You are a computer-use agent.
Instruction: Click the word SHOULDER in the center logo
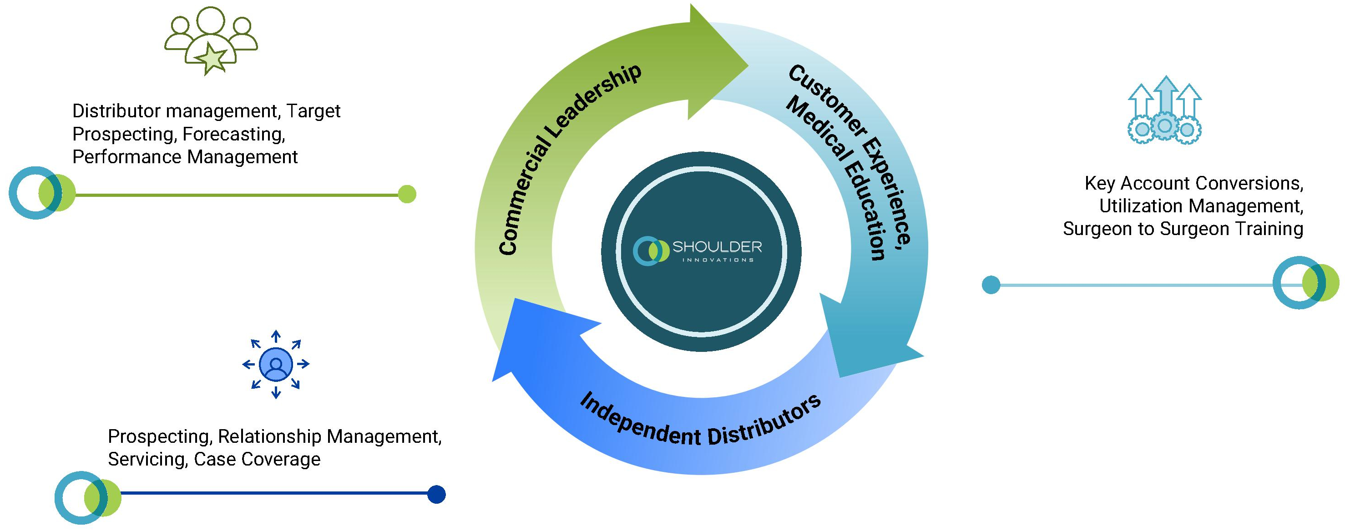click(x=717, y=246)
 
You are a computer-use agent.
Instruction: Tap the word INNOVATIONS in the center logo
click(x=718, y=260)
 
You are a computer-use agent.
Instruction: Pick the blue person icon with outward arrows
click(x=276, y=364)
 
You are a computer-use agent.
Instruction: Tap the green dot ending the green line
click(x=407, y=194)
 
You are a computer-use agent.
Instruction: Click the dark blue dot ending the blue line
click(x=436, y=494)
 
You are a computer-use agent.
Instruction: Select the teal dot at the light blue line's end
click(x=991, y=285)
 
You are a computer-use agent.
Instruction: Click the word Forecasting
click(x=233, y=134)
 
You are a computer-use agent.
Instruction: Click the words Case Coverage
click(x=257, y=459)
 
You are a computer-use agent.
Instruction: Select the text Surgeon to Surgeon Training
click(x=1183, y=229)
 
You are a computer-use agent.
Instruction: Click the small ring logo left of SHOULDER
click(x=651, y=251)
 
